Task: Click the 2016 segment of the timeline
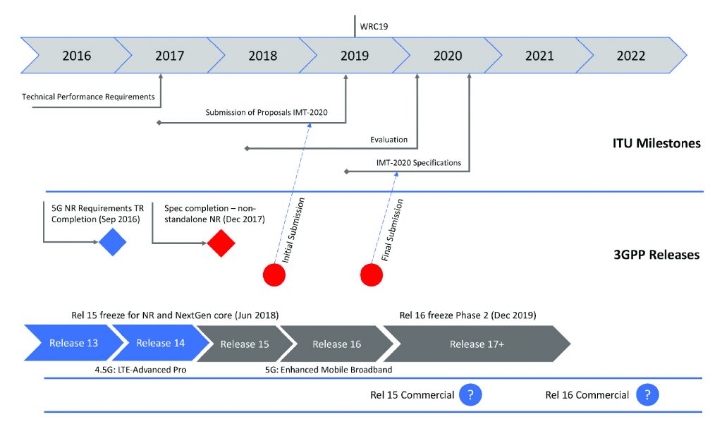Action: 76,56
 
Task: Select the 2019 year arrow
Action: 354,56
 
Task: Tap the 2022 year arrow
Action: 630,56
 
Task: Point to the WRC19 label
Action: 374,26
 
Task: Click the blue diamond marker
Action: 112,243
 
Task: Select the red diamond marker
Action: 221,243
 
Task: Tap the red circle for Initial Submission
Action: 274,274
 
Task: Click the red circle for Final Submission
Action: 372,274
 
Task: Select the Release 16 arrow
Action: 336,344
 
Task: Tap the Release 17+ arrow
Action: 476,344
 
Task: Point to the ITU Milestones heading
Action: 656,143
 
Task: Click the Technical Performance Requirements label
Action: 88,97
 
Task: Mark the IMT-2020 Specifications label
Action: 419,163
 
